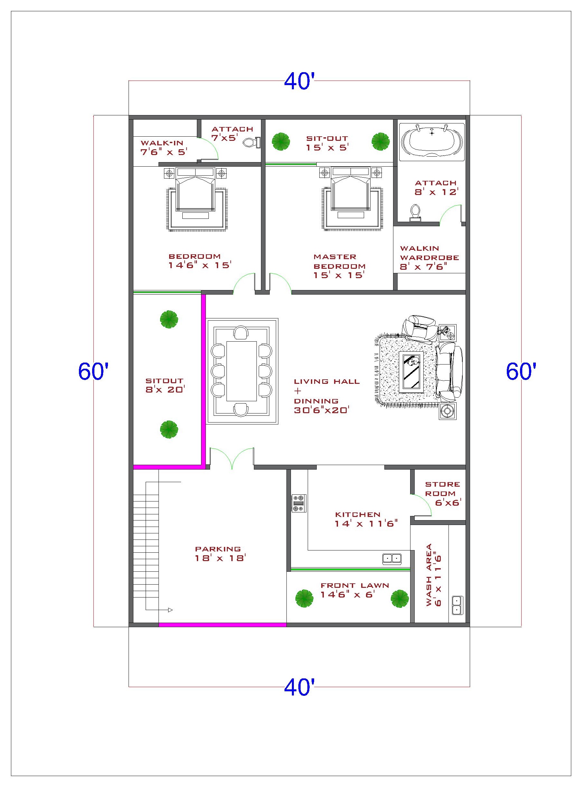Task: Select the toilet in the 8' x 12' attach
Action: point(415,212)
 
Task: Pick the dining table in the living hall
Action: point(242,371)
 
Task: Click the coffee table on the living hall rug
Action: point(411,371)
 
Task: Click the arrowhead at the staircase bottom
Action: point(170,610)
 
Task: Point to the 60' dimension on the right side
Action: point(521,371)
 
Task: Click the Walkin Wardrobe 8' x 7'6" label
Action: point(429,258)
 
